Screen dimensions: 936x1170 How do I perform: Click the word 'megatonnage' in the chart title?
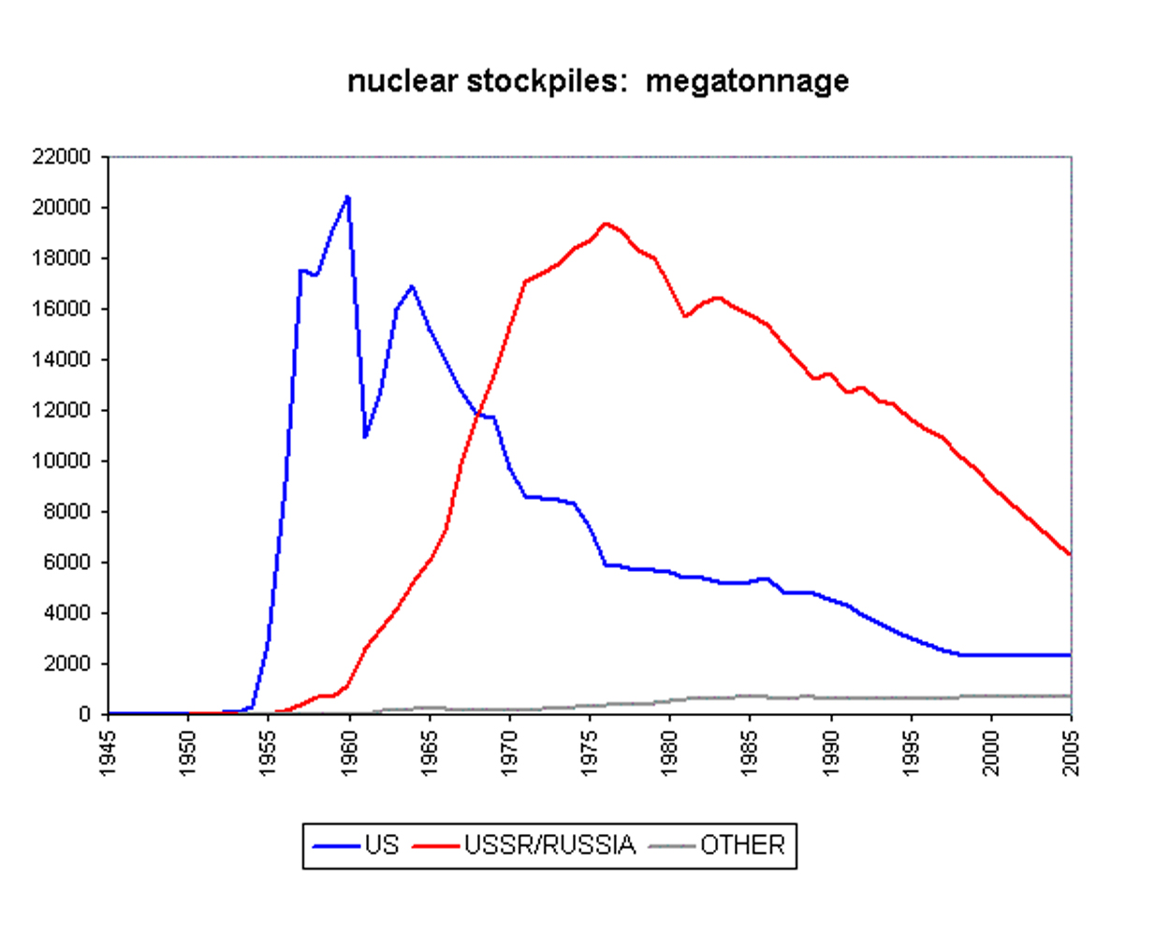[747, 82]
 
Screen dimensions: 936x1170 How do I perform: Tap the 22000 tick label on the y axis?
[62, 156]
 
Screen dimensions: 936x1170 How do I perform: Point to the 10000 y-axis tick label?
[62, 461]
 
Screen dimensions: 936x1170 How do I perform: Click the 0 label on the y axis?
[84, 714]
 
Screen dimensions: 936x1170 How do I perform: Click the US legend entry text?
[382, 845]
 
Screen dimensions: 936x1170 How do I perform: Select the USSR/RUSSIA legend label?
[549, 845]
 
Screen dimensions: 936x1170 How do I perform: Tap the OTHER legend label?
[742, 845]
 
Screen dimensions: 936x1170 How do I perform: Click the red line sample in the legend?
[436, 846]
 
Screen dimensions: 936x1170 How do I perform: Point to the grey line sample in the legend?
[672, 846]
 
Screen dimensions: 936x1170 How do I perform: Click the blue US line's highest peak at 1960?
[348, 197]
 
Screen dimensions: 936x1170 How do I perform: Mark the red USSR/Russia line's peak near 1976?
[606, 224]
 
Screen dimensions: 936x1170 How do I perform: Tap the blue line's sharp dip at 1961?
[365, 437]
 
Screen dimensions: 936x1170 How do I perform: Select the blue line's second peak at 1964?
[412, 286]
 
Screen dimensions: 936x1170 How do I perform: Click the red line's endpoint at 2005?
[1070, 555]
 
